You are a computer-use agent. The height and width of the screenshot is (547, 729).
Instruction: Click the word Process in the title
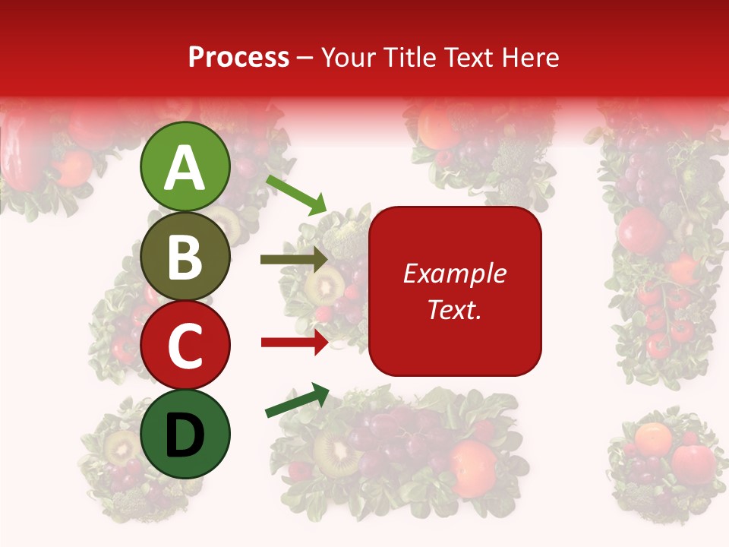click(238, 57)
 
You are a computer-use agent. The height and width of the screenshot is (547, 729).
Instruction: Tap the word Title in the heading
click(409, 57)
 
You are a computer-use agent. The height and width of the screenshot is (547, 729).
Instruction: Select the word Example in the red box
click(455, 273)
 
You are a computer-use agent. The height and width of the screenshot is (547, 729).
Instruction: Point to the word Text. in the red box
click(455, 309)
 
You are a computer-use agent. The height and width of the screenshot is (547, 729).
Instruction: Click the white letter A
click(185, 168)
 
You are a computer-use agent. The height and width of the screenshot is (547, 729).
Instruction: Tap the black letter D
click(185, 435)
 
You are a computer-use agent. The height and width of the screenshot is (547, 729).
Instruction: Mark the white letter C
click(185, 346)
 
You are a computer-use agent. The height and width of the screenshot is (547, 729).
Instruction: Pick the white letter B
click(185, 258)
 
